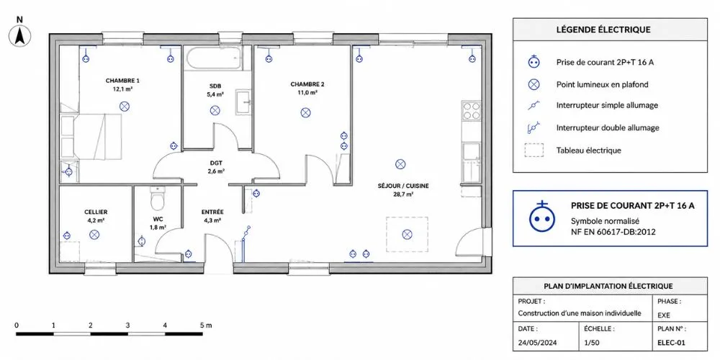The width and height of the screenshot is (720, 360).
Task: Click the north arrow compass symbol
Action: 19,36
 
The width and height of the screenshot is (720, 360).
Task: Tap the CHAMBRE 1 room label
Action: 122,81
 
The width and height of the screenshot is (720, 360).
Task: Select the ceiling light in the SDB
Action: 215,110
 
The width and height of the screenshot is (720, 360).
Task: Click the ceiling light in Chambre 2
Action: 305,112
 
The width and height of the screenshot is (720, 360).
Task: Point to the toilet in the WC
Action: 158,198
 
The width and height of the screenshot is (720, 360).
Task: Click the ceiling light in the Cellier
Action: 94,235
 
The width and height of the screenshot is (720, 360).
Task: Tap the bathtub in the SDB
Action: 214,58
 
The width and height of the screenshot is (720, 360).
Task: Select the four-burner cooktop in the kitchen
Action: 471,111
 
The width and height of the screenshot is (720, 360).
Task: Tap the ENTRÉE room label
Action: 212,212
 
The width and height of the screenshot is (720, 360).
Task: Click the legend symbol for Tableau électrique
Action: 534,150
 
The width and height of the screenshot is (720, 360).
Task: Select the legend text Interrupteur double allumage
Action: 608,128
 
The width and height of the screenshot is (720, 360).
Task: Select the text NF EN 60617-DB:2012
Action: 613,231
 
